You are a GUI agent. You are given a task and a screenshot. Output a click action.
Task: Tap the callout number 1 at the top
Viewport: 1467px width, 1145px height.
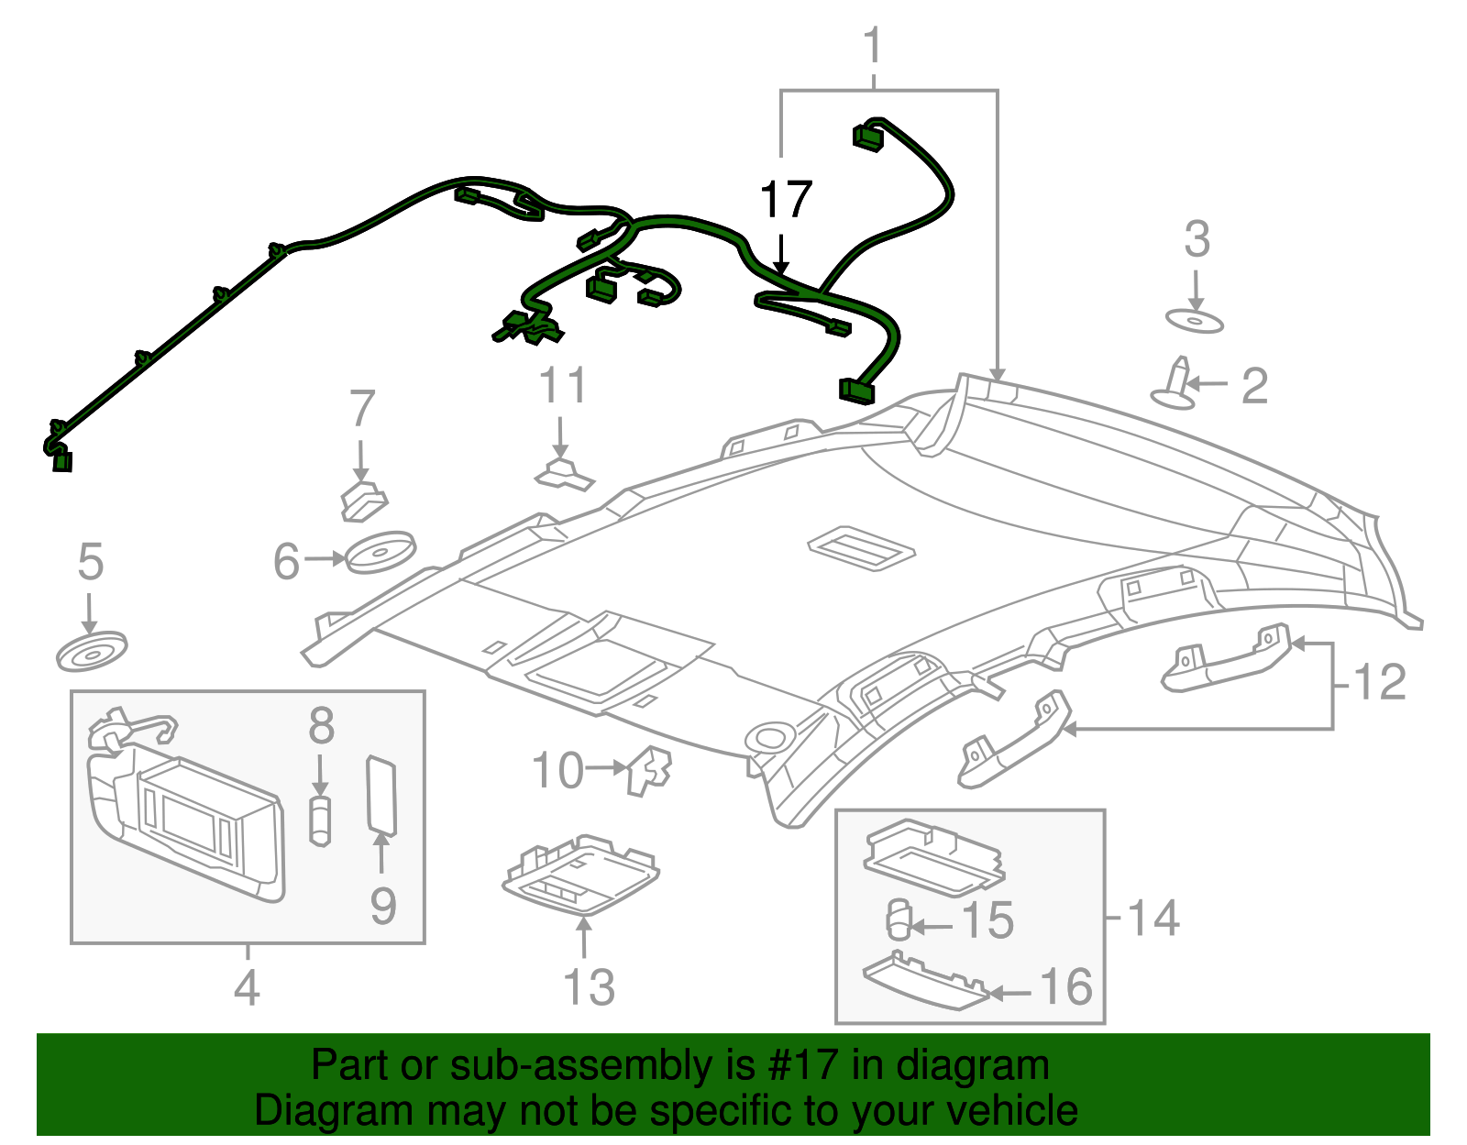click(873, 45)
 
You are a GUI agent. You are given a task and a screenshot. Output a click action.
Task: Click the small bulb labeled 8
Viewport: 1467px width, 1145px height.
click(321, 820)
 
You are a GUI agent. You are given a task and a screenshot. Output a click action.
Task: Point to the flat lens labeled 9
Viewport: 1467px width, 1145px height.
click(381, 796)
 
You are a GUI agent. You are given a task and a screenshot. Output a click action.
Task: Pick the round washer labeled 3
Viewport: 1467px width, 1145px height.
click(1195, 321)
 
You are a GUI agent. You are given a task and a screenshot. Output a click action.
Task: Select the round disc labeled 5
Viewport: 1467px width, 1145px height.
click(91, 651)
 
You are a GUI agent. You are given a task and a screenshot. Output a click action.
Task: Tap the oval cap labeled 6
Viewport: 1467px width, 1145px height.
click(381, 552)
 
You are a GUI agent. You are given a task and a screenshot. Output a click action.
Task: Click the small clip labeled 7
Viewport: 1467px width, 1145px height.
click(364, 501)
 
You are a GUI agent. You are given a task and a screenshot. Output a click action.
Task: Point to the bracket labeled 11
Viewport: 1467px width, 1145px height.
click(565, 473)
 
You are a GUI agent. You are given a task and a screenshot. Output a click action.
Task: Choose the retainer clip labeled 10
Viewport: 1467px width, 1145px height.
click(649, 770)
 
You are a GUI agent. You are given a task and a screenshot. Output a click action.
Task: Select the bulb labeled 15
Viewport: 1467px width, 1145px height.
click(899, 919)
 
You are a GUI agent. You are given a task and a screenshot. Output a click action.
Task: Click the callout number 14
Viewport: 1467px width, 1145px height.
click(1153, 919)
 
